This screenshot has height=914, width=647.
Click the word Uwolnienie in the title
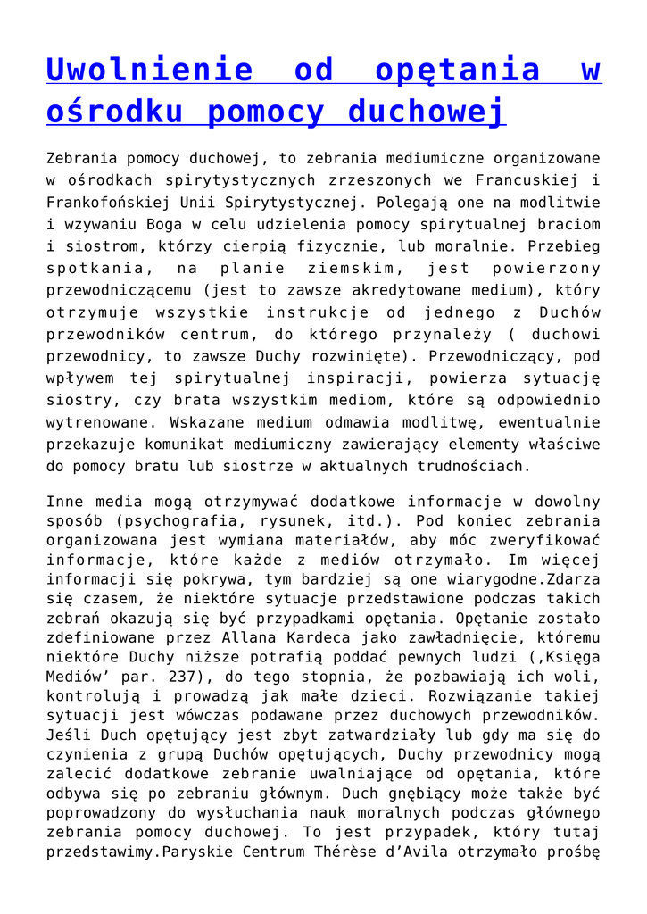tap(145, 69)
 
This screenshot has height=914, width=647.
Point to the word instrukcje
tap(314, 312)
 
